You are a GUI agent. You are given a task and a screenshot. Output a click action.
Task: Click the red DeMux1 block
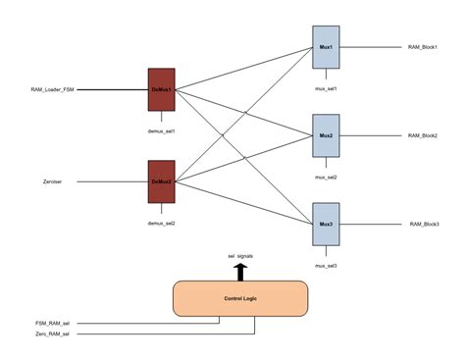(161, 90)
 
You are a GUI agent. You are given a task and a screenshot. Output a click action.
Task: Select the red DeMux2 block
(161, 181)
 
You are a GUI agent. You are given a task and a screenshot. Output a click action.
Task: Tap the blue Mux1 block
(325, 47)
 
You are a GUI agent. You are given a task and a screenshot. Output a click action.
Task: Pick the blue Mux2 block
(325, 135)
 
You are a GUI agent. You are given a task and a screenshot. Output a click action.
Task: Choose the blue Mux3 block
(325, 225)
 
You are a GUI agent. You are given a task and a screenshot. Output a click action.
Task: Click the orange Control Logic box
(240, 298)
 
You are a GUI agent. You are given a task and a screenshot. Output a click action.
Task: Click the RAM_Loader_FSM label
(52, 90)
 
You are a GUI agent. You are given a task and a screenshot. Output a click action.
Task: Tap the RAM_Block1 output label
(424, 47)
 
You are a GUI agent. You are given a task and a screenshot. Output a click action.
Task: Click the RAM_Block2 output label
(424, 135)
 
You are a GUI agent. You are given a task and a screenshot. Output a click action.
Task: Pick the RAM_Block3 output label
(424, 225)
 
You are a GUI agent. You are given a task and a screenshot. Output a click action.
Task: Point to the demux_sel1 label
(161, 129)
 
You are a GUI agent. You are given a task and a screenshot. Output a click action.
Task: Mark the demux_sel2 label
(161, 223)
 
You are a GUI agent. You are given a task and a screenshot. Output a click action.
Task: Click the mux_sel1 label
(325, 88)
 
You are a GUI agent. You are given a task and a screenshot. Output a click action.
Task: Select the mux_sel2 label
(325, 177)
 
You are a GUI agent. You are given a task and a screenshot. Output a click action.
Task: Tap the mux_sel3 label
(325, 266)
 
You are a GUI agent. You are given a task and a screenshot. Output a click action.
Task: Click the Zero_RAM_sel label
(52, 334)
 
